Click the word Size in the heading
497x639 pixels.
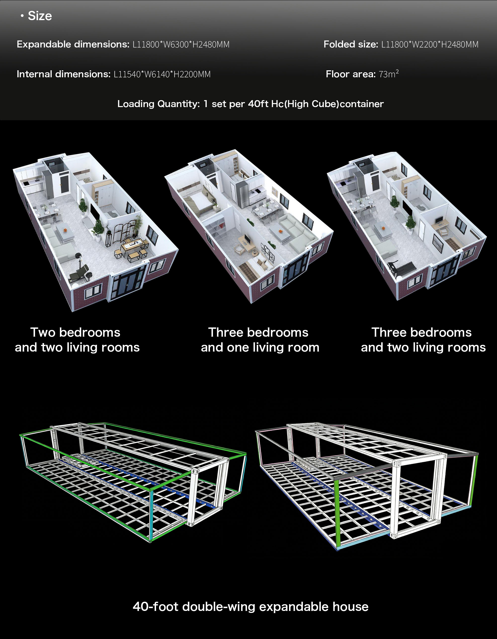(x=40, y=16)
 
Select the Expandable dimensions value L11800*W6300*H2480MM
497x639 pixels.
(x=181, y=44)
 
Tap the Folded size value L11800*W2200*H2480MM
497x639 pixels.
(x=430, y=44)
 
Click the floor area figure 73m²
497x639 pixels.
(x=389, y=74)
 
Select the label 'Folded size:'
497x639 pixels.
(x=351, y=44)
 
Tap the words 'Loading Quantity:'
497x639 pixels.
(x=158, y=104)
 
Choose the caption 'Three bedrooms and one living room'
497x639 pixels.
(x=260, y=340)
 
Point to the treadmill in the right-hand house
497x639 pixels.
(x=401, y=268)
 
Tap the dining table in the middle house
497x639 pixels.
(x=265, y=210)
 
